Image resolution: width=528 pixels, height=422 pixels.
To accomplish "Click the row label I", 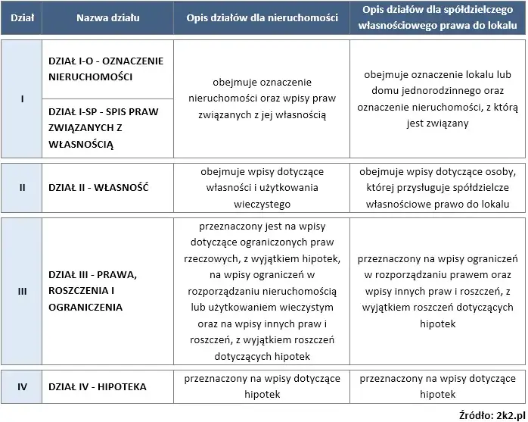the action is pyautogui.click(x=23, y=98).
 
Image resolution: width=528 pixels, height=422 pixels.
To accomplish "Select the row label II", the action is pyautogui.click(x=23, y=186).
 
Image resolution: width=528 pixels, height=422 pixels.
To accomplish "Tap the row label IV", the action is pyautogui.click(x=23, y=387).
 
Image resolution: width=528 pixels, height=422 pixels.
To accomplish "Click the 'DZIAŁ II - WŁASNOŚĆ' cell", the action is pyautogui.click(x=98, y=186).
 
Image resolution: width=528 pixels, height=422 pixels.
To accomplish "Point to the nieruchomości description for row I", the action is pyautogui.click(x=261, y=98).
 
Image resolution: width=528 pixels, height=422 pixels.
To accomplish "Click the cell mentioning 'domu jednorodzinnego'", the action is pyautogui.click(x=437, y=98).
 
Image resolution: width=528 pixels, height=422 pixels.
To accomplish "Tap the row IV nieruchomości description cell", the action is pyautogui.click(x=261, y=387).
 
